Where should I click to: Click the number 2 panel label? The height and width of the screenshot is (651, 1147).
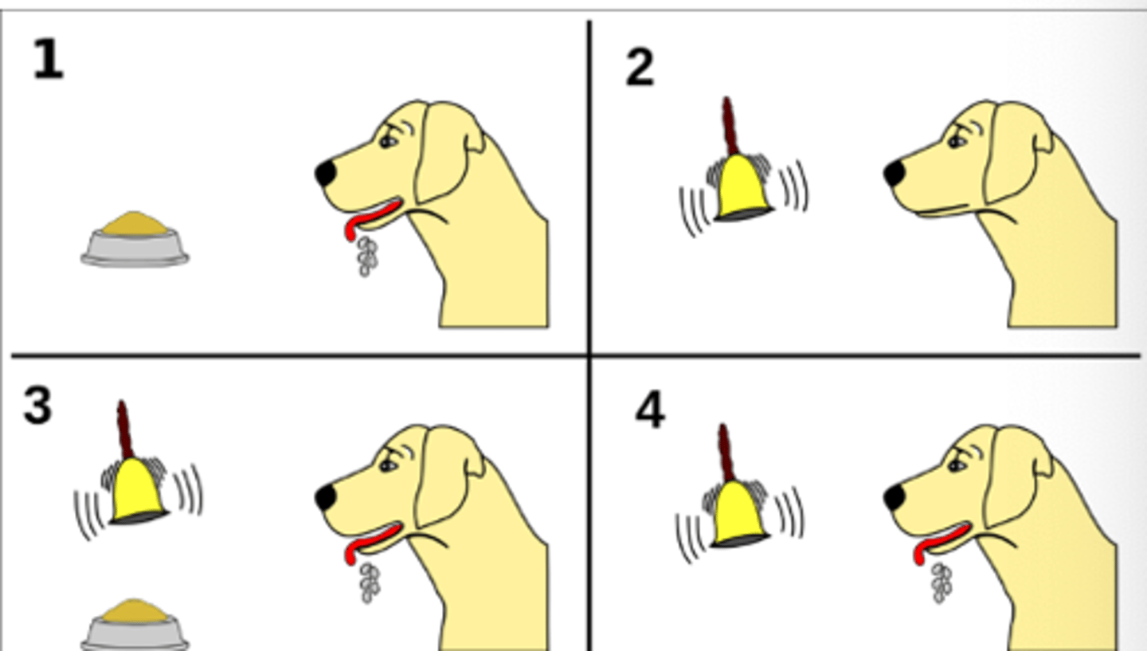coord(640,69)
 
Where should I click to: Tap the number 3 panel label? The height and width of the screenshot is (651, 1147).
coord(37,406)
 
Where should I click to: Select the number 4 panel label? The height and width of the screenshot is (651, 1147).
coord(649,412)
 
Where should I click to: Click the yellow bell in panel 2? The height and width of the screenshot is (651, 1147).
coord(742,190)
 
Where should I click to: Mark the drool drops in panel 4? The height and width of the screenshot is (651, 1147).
coord(941,582)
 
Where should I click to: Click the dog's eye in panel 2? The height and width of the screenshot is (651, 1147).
coord(957,141)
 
